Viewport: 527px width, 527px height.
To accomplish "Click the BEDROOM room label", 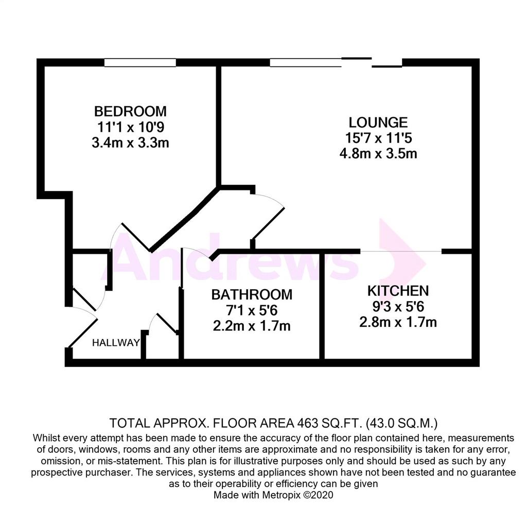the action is pos(130,111).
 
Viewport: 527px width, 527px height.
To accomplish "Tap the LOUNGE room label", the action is pos(378,122).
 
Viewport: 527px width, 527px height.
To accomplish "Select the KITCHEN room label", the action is pos(398,291).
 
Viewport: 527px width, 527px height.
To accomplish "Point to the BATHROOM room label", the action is pos(252,294).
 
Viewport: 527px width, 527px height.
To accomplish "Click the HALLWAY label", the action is pos(116,342).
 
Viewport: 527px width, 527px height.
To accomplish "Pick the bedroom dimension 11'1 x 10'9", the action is pos(130,127).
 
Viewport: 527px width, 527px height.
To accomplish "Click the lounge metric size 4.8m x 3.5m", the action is pos(378,153).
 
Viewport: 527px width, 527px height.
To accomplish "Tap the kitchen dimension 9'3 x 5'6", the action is pos(398,306).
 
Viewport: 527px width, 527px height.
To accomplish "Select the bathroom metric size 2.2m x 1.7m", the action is pos(252,326).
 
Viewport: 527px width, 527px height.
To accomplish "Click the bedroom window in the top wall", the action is pos(140,62).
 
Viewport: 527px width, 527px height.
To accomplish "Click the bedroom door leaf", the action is pos(136,237).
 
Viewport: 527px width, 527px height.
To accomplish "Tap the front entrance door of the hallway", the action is pos(83,333).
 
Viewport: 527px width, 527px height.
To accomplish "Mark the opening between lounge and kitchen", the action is pos(400,251).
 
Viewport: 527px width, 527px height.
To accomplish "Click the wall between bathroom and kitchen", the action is pos(322,306).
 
